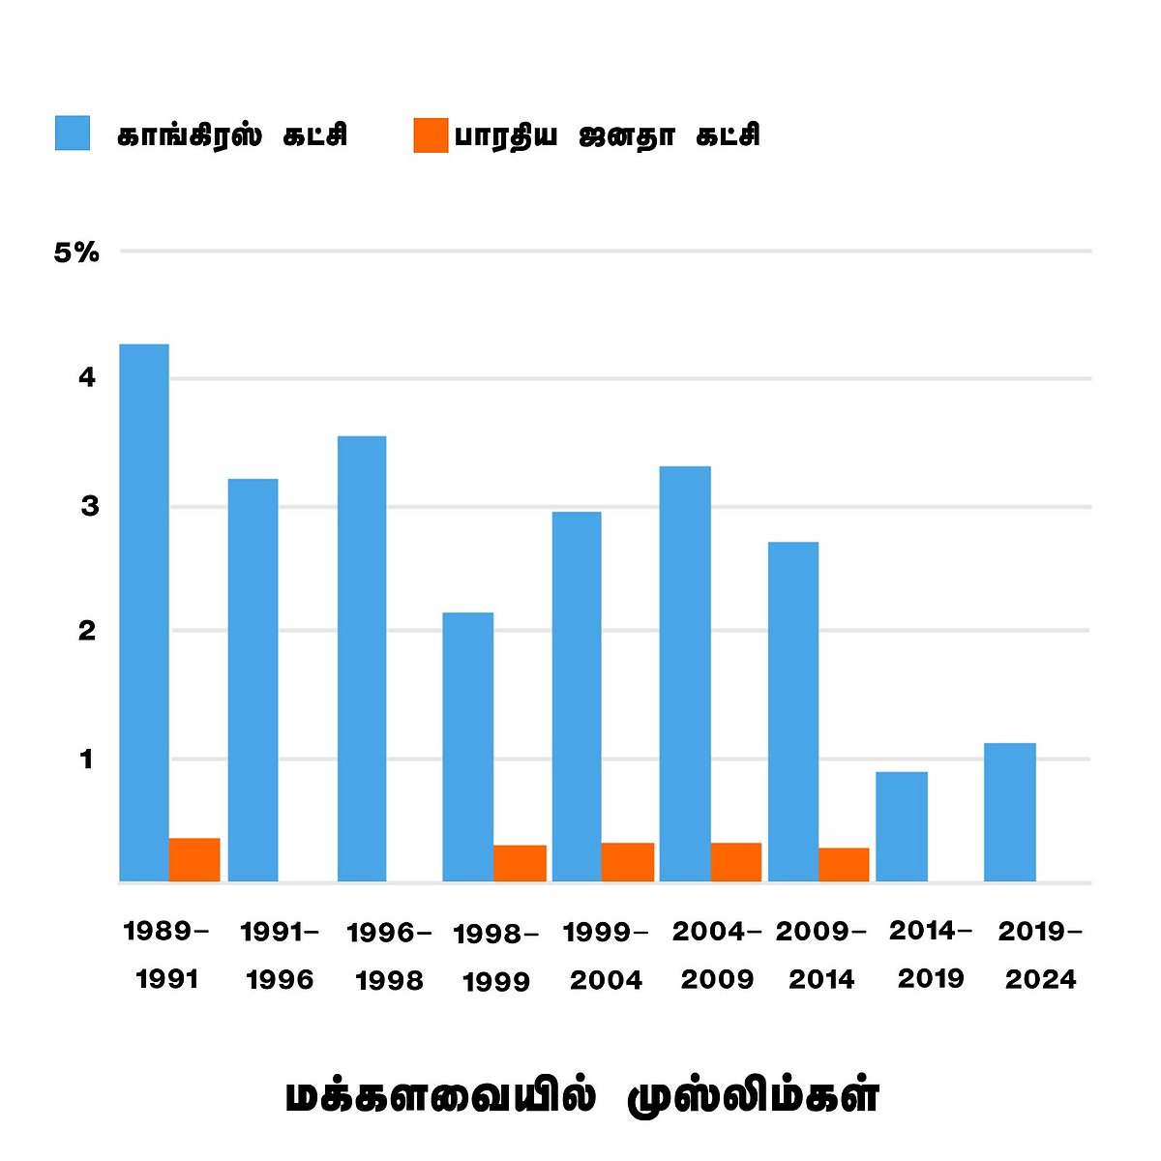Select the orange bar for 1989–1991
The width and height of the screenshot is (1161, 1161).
click(x=194, y=859)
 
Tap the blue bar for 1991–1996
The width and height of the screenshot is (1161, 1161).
click(x=253, y=679)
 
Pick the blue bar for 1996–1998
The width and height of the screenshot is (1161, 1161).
click(x=362, y=658)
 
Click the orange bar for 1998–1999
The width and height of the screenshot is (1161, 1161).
click(x=520, y=863)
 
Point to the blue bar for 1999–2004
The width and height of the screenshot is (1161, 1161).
click(x=577, y=696)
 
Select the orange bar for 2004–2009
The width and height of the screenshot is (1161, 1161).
click(x=736, y=862)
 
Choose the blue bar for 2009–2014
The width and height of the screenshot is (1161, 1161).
click(x=793, y=711)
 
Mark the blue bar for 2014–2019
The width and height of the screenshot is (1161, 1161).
click(x=902, y=826)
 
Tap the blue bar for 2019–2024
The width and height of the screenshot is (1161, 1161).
click(x=1010, y=812)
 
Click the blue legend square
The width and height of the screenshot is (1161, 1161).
click(x=73, y=134)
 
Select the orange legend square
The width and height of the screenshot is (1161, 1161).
click(x=431, y=135)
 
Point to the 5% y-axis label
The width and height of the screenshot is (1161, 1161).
click(x=76, y=253)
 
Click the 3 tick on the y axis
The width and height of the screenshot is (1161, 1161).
click(x=89, y=506)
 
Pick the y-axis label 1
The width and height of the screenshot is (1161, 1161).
click(x=87, y=759)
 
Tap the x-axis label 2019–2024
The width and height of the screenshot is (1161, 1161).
click(x=1040, y=956)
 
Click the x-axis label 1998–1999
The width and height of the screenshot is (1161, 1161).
click(x=496, y=958)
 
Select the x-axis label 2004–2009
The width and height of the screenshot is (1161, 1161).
click(x=717, y=956)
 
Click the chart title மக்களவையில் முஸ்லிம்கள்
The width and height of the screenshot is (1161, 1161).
click(x=581, y=1097)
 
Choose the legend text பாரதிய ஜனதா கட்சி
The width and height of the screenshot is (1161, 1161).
click(x=607, y=135)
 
